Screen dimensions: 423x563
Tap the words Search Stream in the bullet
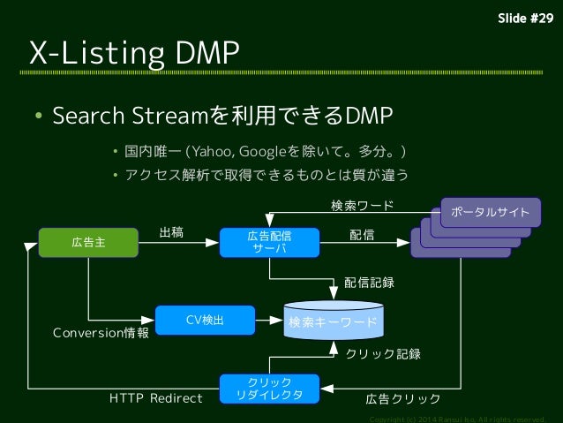(x=131, y=116)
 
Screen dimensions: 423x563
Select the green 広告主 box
(x=87, y=242)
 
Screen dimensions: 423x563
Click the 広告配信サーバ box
(x=269, y=242)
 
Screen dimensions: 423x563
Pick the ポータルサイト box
(x=491, y=212)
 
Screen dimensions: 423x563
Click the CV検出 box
(x=204, y=320)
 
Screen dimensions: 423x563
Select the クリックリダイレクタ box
(x=269, y=388)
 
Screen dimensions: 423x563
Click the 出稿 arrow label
(x=171, y=233)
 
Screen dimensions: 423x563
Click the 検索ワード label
(x=362, y=206)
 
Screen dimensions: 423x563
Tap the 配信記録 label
(x=369, y=283)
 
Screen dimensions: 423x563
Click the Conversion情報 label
(x=101, y=333)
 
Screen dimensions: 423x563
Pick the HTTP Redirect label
(x=155, y=398)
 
